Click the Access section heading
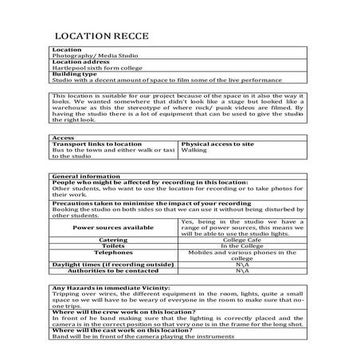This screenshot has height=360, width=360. [63, 136]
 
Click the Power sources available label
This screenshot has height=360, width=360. [113, 227]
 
